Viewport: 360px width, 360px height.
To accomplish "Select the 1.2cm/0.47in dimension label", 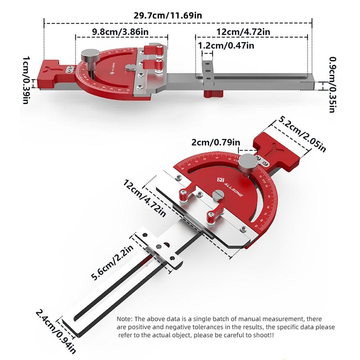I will pos(226,45).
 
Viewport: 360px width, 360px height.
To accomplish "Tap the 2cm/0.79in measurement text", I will pos(216,143).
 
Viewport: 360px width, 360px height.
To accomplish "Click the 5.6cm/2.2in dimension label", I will pos(112,262).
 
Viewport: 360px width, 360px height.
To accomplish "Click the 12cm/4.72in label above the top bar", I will pos(243,32).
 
